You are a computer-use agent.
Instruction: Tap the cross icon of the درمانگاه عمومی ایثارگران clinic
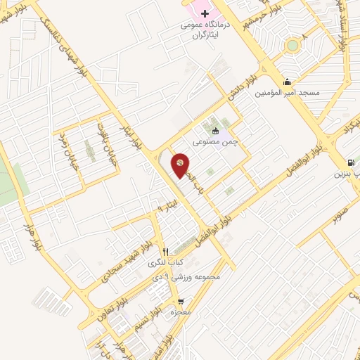coord(205,15)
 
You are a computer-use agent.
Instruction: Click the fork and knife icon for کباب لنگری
coord(166,252)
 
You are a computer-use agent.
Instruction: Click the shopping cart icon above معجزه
coord(181,303)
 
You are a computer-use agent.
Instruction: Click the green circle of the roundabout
coord(292,46)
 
